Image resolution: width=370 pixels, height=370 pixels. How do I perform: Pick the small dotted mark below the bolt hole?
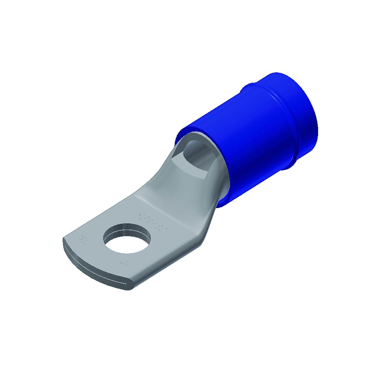click(124, 263)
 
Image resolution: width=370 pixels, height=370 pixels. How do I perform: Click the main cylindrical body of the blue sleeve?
click(247, 139)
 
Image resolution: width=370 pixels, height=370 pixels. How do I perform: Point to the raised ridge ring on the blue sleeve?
click(271, 102)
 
